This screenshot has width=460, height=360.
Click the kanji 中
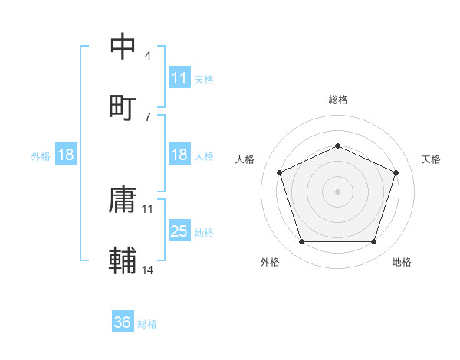pos(123,47)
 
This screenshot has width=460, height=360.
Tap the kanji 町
pos(123,106)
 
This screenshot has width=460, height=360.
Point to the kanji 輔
pos(123,261)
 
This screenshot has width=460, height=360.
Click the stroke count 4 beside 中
pos(147,56)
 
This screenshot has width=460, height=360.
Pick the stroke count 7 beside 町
pos(147,116)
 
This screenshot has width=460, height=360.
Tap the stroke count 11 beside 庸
pos(148,208)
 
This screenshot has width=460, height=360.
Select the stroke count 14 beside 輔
pos(148,270)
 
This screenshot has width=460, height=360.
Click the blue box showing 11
pos(179,78)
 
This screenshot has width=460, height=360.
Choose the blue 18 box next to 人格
pos(179,155)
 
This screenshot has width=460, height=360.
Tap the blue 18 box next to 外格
pos(66,155)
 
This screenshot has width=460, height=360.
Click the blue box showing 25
pos(179,231)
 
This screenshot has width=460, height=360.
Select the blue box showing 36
pos(123,322)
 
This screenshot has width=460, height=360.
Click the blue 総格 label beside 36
pos(147,324)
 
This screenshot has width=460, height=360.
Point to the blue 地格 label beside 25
pos(204,233)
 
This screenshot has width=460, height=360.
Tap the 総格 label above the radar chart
pos(337,100)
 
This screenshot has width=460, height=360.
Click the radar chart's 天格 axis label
pos(431,159)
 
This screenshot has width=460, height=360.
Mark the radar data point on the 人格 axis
pos(279,172)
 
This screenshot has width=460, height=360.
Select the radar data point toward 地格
pos(373,242)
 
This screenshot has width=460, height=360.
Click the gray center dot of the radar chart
pos(337,191)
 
